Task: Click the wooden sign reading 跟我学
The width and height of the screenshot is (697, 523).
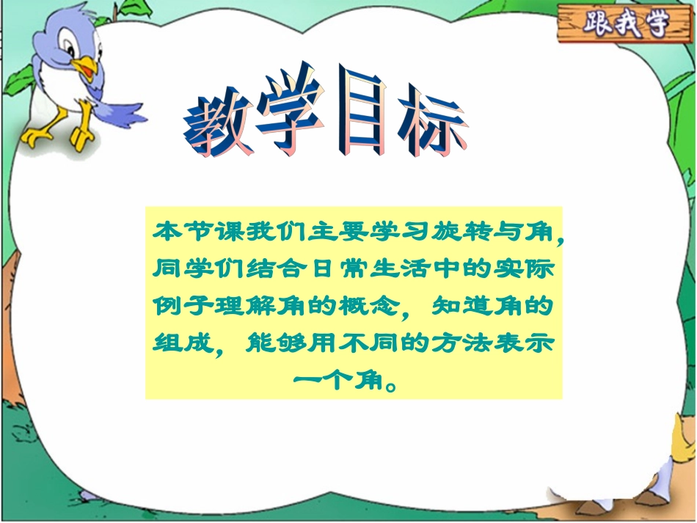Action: (626, 24)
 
